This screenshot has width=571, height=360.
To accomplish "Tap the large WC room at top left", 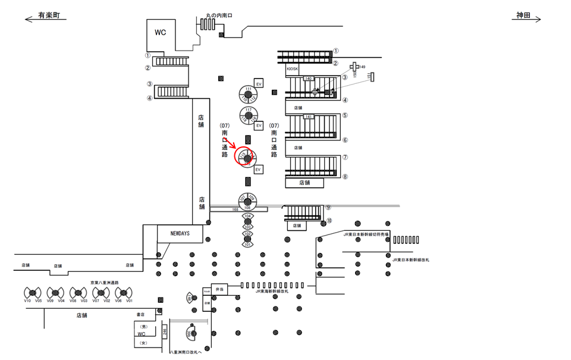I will click(x=161, y=33).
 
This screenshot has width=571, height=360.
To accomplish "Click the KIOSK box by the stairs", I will click(x=292, y=69).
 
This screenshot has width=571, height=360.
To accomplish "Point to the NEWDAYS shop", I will click(x=180, y=233).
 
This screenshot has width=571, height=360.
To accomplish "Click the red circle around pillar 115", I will click(x=246, y=158).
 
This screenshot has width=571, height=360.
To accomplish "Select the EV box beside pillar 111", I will click(x=259, y=83).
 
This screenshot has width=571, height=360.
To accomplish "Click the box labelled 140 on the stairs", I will click(x=308, y=79).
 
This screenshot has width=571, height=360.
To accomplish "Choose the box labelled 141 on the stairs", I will click(x=308, y=117).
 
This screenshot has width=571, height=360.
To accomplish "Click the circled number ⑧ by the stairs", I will click(x=345, y=177).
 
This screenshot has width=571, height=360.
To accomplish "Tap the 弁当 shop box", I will click(x=219, y=290).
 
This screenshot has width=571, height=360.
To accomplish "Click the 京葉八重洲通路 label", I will click(x=105, y=283).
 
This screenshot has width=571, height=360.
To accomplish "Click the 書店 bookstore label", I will click(x=141, y=314).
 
